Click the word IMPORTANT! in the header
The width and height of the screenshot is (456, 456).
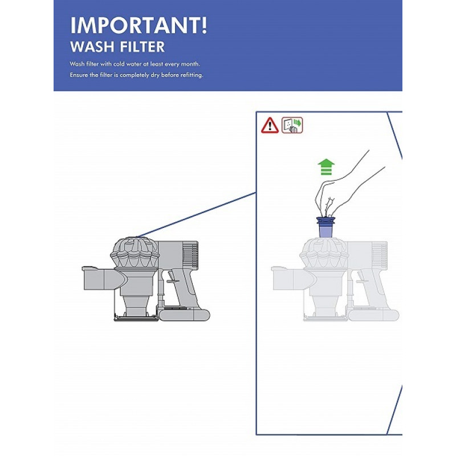point(139,26)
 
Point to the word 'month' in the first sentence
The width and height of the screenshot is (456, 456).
point(190,64)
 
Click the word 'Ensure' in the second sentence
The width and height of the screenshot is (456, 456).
point(79,75)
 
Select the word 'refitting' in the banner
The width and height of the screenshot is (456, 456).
point(192,75)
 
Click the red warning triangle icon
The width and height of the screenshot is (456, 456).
point(270,125)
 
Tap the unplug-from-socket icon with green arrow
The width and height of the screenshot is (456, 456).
point(292,125)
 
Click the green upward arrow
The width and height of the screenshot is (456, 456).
point(326,167)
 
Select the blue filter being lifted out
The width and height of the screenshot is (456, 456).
point(325,228)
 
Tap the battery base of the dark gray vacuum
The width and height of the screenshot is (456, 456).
point(184,315)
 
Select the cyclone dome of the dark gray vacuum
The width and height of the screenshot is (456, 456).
point(135,253)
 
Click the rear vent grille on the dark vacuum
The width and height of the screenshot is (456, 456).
point(191,254)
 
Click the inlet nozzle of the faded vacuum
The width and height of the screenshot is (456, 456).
point(293,279)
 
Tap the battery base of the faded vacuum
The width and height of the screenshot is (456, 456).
point(373,315)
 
